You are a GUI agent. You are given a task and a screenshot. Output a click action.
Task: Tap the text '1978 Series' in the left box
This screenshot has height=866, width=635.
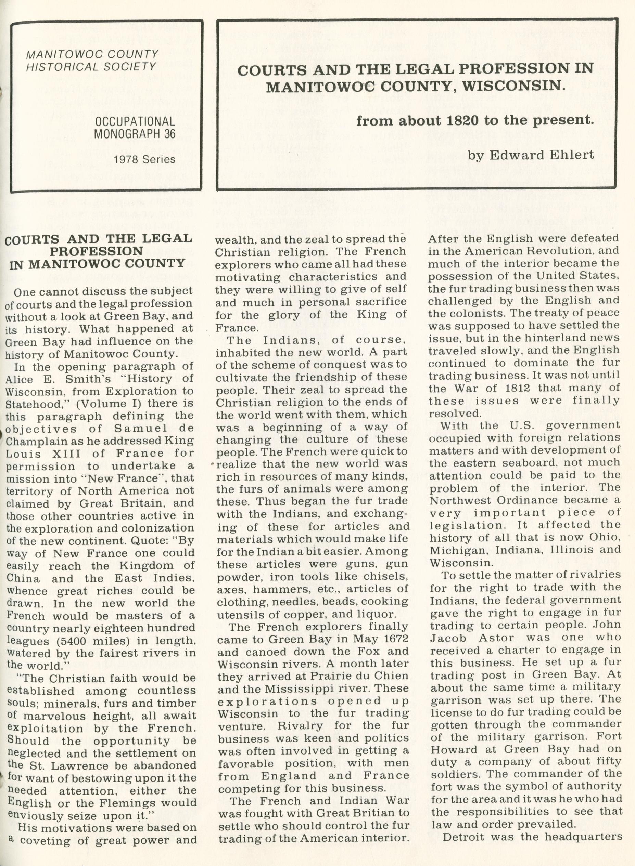144,159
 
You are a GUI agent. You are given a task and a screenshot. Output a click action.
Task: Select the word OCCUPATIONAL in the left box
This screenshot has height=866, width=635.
135,121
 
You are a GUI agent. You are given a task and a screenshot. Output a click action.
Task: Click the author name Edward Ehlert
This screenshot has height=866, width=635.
542,155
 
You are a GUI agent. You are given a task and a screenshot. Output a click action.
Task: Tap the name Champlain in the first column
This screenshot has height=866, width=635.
31,441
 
